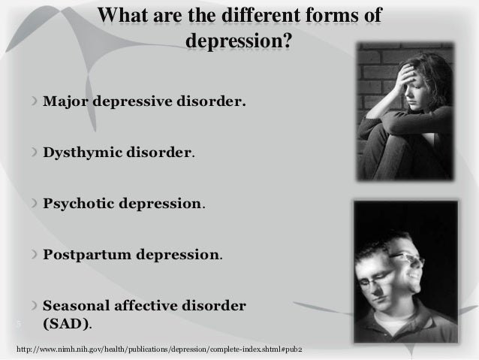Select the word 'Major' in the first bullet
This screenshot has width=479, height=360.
point(68,101)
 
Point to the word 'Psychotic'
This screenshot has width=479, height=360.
point(82,204)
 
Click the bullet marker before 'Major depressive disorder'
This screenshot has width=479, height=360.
point(34,101)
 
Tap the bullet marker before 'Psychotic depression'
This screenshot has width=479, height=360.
point(34,204)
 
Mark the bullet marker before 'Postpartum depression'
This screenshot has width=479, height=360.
point(34,254)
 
